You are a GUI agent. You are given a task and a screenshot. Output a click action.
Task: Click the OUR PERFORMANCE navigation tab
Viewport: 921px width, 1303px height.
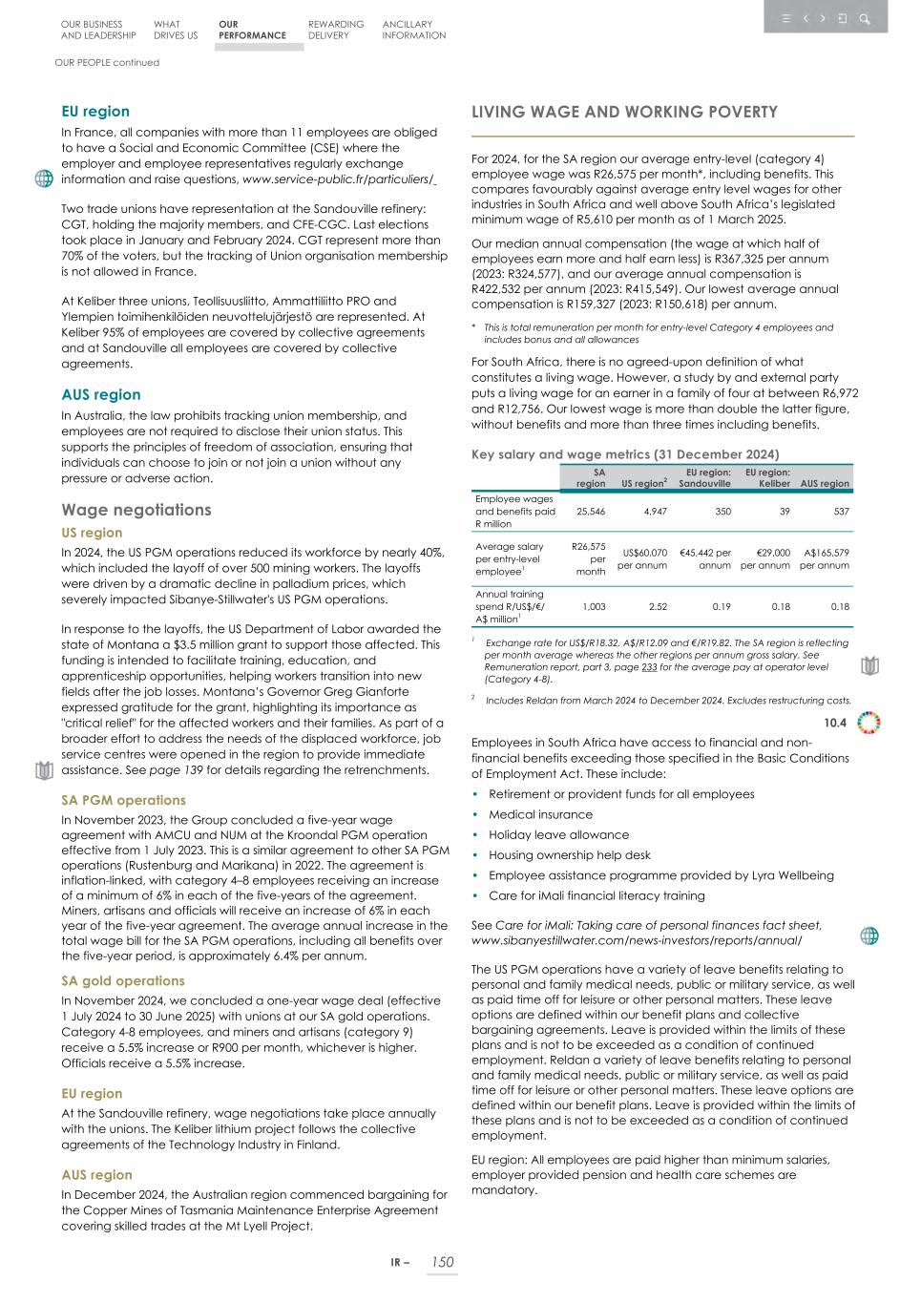pos(252,31)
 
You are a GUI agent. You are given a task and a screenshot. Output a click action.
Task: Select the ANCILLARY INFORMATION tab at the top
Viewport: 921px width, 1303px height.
pos(413,31)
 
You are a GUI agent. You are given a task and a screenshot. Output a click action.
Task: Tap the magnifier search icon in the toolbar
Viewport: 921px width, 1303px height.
pos(865,18)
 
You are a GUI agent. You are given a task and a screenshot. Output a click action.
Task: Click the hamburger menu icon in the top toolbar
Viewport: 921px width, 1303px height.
pos(785,18)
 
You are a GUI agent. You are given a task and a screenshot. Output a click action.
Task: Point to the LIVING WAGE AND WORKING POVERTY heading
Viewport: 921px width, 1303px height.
pos(624,113)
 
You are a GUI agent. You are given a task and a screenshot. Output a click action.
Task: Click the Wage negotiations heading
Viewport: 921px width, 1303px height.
pos(136,510)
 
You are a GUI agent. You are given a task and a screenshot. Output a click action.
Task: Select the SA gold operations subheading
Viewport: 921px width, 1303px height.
pos(123,980)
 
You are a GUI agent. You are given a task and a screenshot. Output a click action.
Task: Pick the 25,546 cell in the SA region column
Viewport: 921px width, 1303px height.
pos(590,512)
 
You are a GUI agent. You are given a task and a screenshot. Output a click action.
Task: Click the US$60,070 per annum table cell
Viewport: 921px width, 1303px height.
pos(643,558)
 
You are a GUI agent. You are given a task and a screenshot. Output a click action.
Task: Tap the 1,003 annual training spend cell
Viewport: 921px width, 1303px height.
pos(593,606)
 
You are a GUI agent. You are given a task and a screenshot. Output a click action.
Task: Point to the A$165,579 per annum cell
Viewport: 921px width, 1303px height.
pos(826,558)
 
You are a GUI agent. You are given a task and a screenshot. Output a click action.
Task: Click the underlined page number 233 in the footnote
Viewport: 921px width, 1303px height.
pos(648,668)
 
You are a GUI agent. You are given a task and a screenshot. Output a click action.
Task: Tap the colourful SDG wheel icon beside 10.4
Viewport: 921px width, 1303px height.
pos(869,723)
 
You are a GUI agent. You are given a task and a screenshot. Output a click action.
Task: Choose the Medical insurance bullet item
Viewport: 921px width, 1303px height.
pos(540,814)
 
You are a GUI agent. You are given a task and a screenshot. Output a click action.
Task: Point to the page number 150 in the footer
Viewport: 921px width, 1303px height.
pos(441,1262)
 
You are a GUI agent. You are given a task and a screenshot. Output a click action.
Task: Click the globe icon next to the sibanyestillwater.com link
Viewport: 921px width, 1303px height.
pos(869,935)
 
